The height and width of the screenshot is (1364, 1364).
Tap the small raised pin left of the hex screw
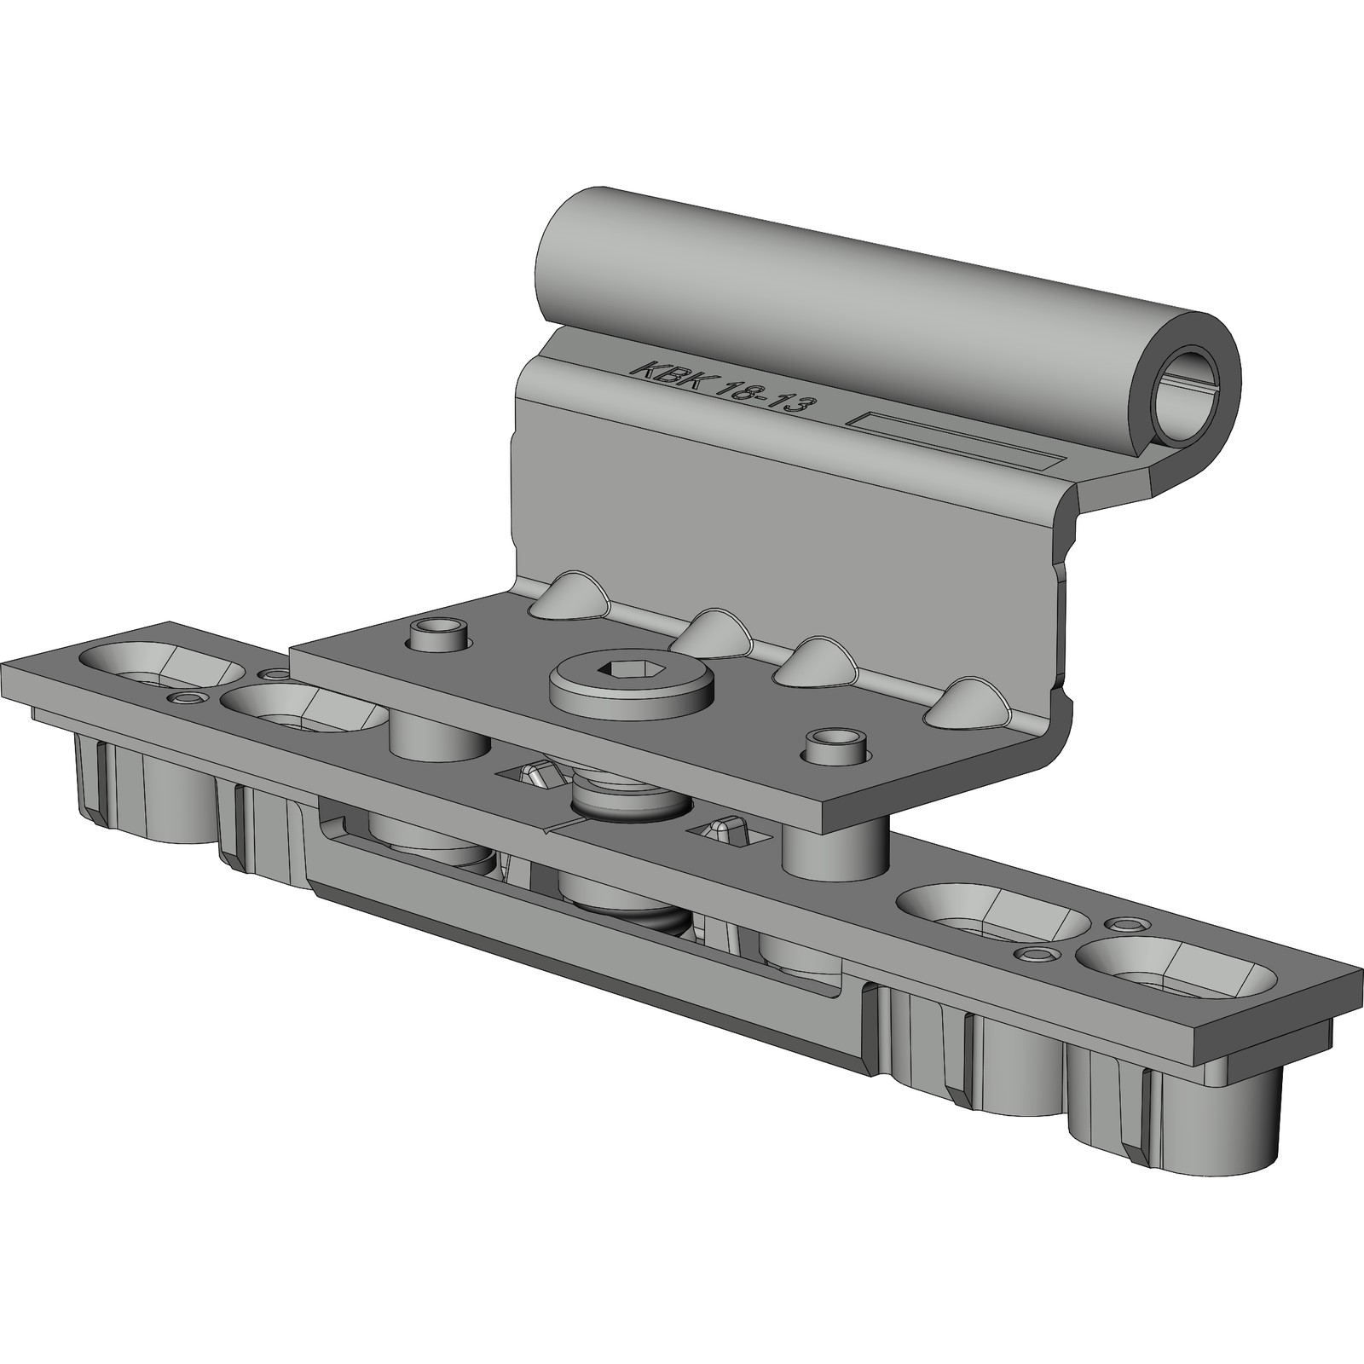(440, 635)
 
